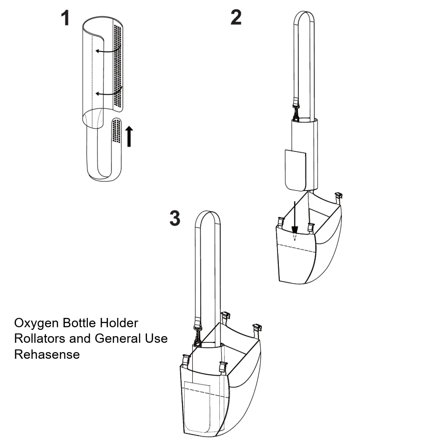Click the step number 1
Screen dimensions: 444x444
pos(65,18)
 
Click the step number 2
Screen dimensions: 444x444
pos(236,17)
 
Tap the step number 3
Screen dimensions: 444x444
pos(175,218)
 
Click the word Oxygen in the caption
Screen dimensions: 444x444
pos(36,323)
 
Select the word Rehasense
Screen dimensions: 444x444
pos(47,354)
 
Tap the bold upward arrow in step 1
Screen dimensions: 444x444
pos(129,136)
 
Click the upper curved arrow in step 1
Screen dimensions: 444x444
pos(108,49)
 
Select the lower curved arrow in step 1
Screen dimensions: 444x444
pos(108,91)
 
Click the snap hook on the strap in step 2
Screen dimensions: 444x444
pos(296,111)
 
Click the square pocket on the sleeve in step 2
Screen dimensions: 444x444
pos(296,170)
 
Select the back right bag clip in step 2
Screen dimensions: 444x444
pos(339,198)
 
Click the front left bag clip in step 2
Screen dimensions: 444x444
pos(281,223)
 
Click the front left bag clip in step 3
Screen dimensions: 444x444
pos(186,361)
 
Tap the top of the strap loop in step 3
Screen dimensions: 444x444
pos(208,211)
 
